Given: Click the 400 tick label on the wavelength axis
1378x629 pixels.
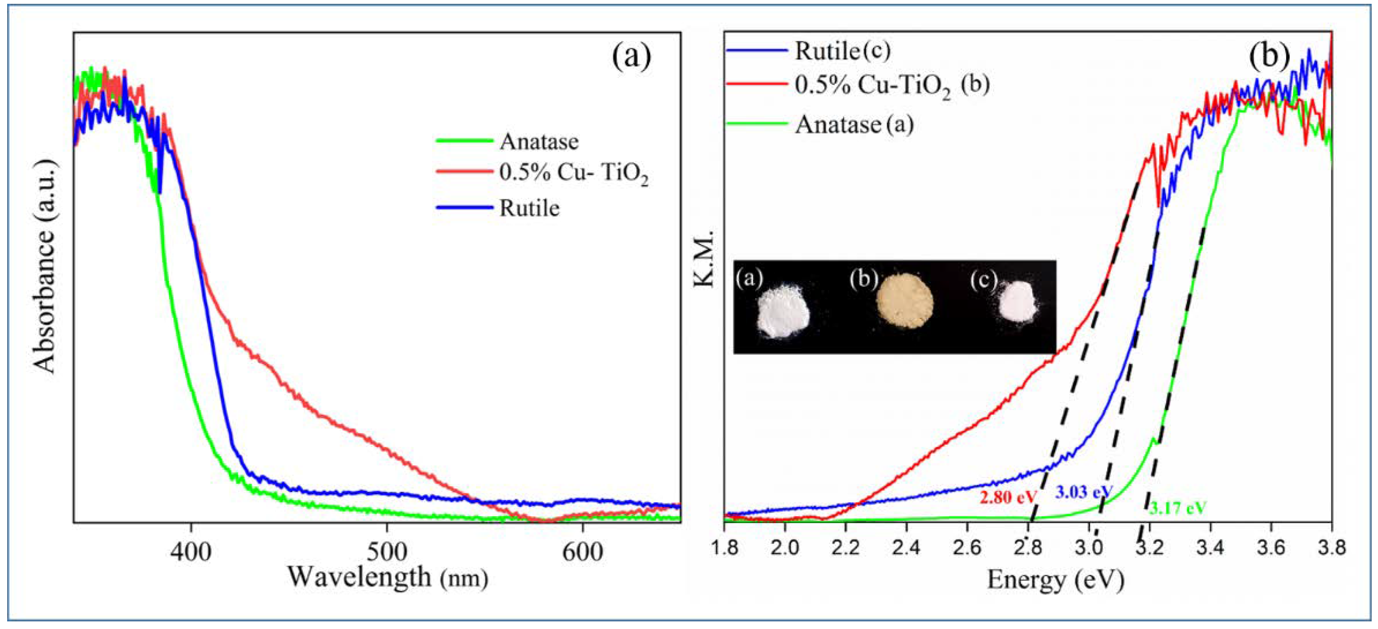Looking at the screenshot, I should pyautogui.click(x=191, y=551).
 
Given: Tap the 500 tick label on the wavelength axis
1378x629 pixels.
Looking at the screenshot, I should pyautogui.click(x=386, y=551).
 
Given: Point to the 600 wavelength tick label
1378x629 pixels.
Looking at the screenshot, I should pyautogui.click(x=582, y=551).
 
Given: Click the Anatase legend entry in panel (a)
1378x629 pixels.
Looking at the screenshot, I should pyautogui.click(x=539, y=142).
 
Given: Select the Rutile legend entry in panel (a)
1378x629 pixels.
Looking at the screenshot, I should pyautogui.click(x=529, y=208).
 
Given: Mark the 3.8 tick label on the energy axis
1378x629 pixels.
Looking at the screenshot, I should pyautogui.click(x=1331, y=549).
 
